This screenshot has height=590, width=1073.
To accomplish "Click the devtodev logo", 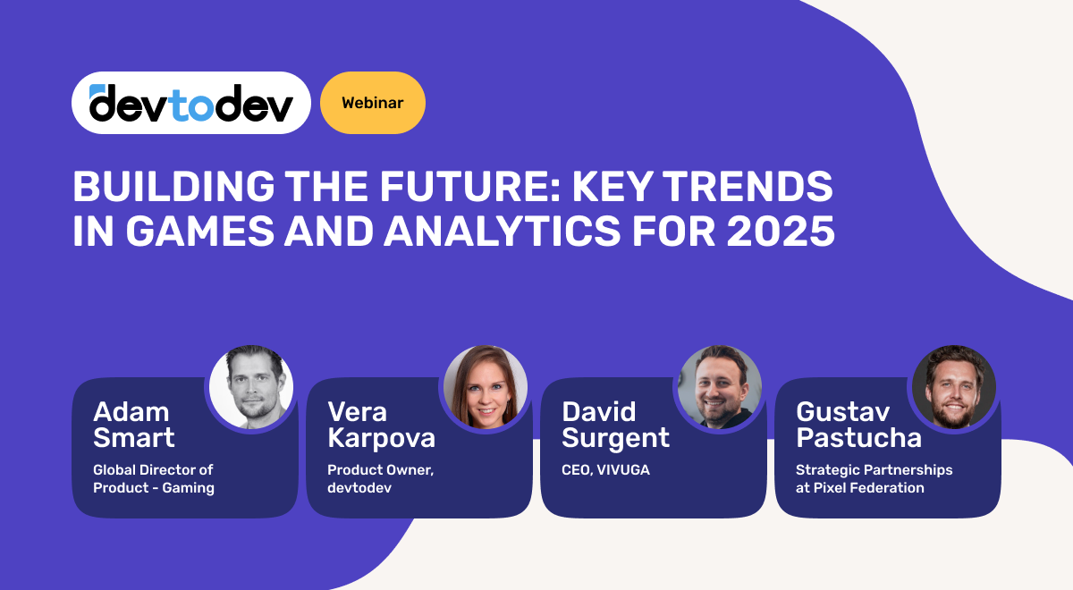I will (x=190, y=103).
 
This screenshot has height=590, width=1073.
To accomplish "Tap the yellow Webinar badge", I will (x=372, y=103).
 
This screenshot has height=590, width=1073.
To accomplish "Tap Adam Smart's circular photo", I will (x=251, y=387).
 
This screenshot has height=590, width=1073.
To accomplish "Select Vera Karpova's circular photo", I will (x=486, y=387).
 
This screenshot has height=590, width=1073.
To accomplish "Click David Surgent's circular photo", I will (x=720, y=387).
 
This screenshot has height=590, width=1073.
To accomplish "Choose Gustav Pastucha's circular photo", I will (x=954, y=387).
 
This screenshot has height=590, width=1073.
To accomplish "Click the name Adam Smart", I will (x=134, y=425).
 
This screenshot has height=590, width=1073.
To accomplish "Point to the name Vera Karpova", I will (x=381, y=425).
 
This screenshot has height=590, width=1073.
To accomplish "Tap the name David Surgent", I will (x=616, y=425).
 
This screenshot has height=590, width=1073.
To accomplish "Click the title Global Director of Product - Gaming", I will (x=154, y=478).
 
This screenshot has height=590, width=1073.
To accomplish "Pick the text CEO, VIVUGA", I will (x=605, y=470).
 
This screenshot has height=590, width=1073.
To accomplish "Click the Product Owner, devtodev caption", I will (x=380, y=478).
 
